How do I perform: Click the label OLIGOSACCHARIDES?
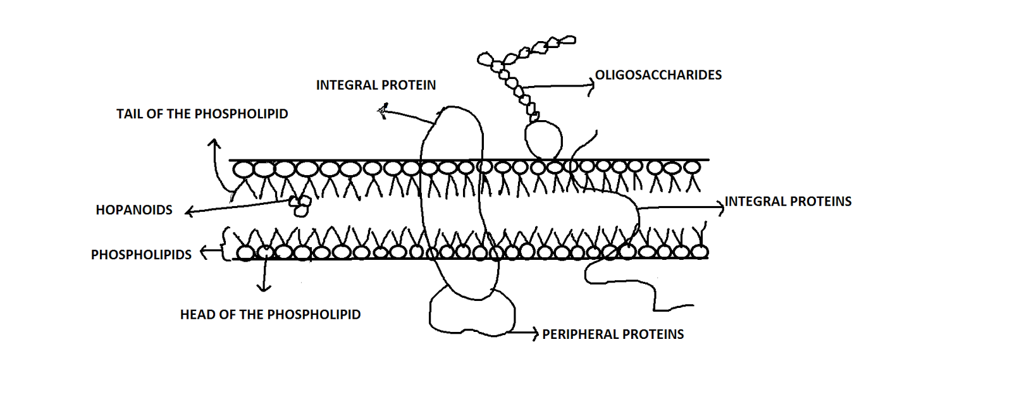[x=658, y=75]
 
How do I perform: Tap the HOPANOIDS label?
[x=134, y=210]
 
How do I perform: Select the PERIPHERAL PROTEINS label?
[x=613, y=334]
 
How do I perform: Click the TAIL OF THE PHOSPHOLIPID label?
[x=202, y=114]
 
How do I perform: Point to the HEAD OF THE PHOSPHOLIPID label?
[x=270, y=315]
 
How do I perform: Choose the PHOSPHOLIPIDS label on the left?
[x=141, y=255]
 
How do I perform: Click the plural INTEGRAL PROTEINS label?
[x=788, y=202]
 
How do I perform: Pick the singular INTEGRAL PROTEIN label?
[x=376, y=85]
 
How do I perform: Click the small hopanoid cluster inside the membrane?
[x=300, y=205]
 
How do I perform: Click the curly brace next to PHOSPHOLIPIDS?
[x=223, y=243]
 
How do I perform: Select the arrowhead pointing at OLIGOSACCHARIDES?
[x=591, y=87]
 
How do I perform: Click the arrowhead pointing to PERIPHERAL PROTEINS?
[x=535, y=333]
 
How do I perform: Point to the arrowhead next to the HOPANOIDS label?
[x=188, y=212]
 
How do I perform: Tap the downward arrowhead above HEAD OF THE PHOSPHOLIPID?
[x=264, y=288]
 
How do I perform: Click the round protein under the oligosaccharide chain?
[x=543, y=139]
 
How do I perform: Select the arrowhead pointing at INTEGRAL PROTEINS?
[x=720, y=206]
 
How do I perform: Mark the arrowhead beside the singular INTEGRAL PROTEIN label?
[x=381, y=112]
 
